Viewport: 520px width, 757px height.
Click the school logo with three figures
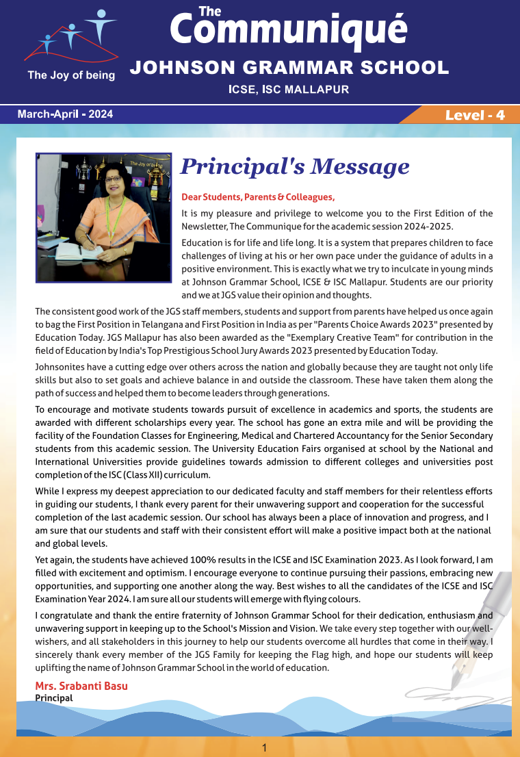[70, 38]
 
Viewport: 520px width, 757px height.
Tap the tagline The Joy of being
[71, 75]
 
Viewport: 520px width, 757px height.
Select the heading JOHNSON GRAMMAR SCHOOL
[289, 68]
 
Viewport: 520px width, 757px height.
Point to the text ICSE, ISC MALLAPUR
[289, 89]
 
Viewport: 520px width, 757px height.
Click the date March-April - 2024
[65, 114]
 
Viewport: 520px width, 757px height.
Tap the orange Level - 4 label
[475, 115]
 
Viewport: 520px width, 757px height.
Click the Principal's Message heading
[294, 166]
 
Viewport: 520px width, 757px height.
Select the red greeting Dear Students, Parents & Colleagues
[258, 197]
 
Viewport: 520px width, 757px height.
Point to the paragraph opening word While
[47, 491]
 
